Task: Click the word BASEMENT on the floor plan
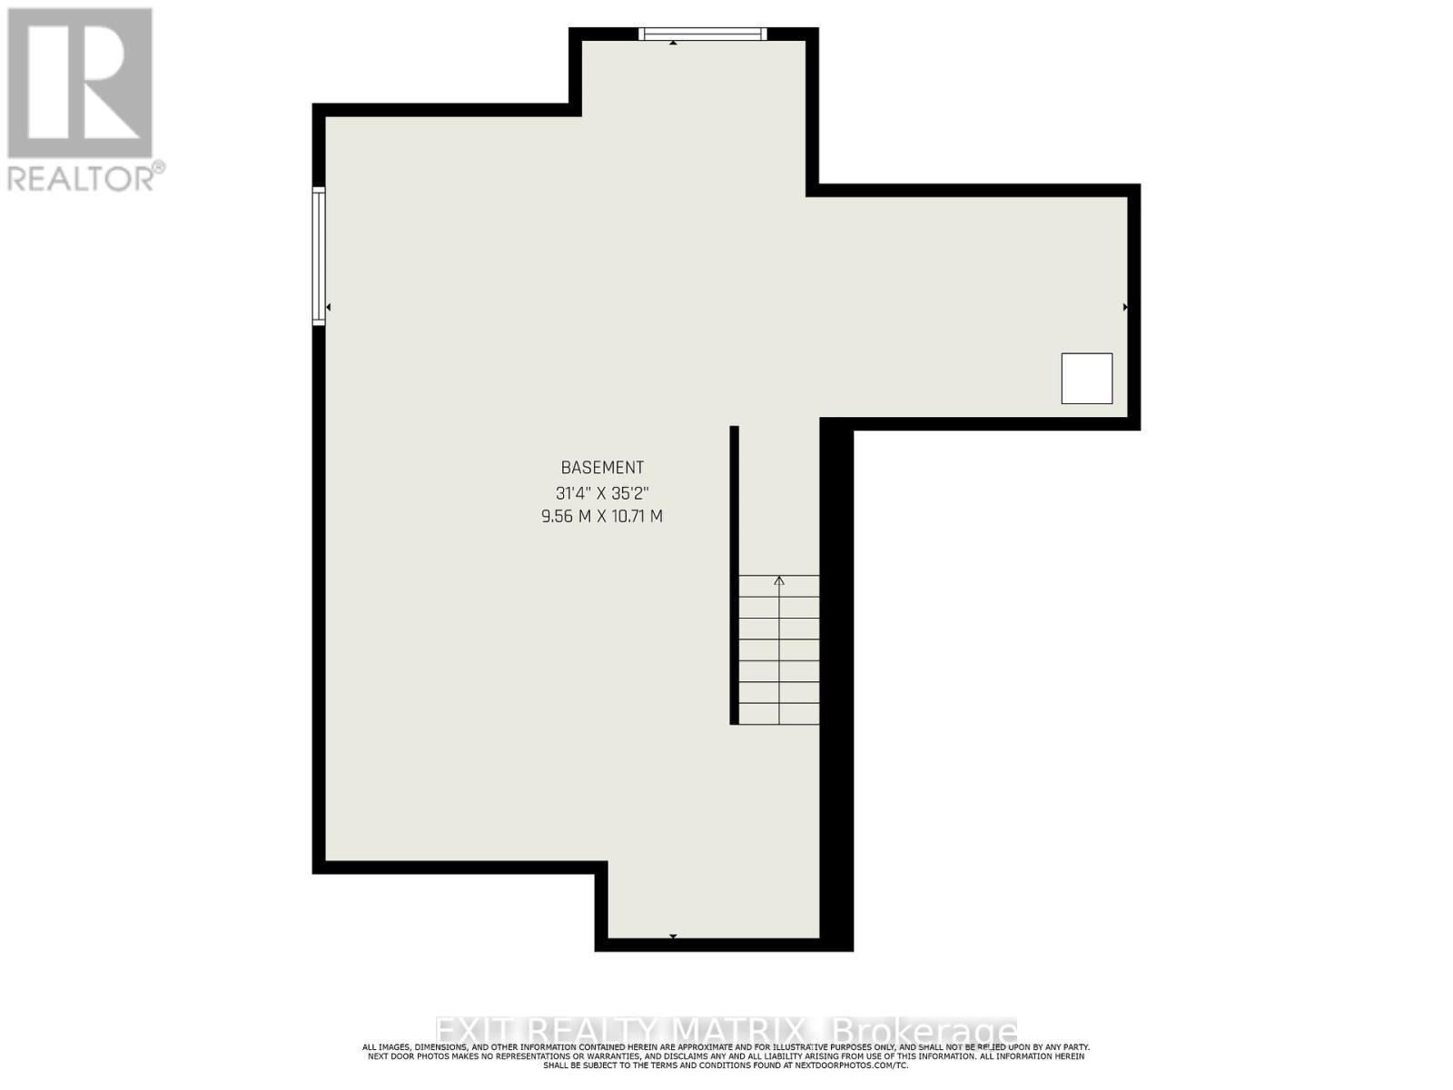(602, 468)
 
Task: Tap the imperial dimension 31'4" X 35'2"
(602, 493)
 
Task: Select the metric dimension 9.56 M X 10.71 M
(602, 516)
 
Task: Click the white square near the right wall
(1087, 379)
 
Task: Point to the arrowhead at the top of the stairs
(779, 580)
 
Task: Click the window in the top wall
(702, 35)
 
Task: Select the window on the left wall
(319, 255)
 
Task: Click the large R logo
(80, 84)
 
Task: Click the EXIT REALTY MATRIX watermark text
(622, 1031)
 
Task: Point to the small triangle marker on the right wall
(1125, 307)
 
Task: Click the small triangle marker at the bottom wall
(673, 936)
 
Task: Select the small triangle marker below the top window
(673, 43)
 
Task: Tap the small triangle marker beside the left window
(328, 308)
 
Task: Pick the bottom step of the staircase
(779, 714)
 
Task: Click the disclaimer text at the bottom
(726, 1055)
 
